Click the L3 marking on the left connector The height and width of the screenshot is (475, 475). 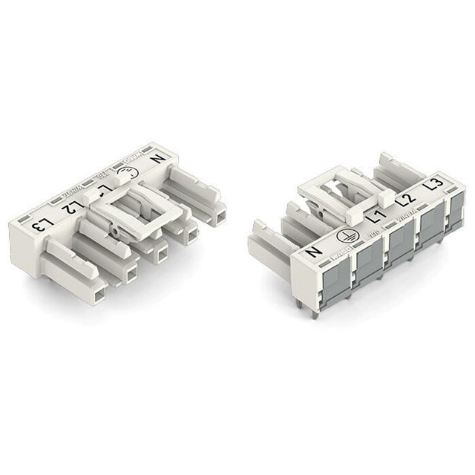tap(45, 224)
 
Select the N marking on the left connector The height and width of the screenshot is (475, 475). tap(157, 158)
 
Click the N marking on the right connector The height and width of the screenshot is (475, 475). tap(313, 252)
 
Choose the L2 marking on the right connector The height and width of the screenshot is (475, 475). tap(404, 199)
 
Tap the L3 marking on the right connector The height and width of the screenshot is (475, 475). tap(435, 183)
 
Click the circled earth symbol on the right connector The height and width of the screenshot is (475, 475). tap(344, 236)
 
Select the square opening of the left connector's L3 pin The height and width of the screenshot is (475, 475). tap(93, 294)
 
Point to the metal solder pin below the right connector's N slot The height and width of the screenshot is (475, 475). tap(316, 312)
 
